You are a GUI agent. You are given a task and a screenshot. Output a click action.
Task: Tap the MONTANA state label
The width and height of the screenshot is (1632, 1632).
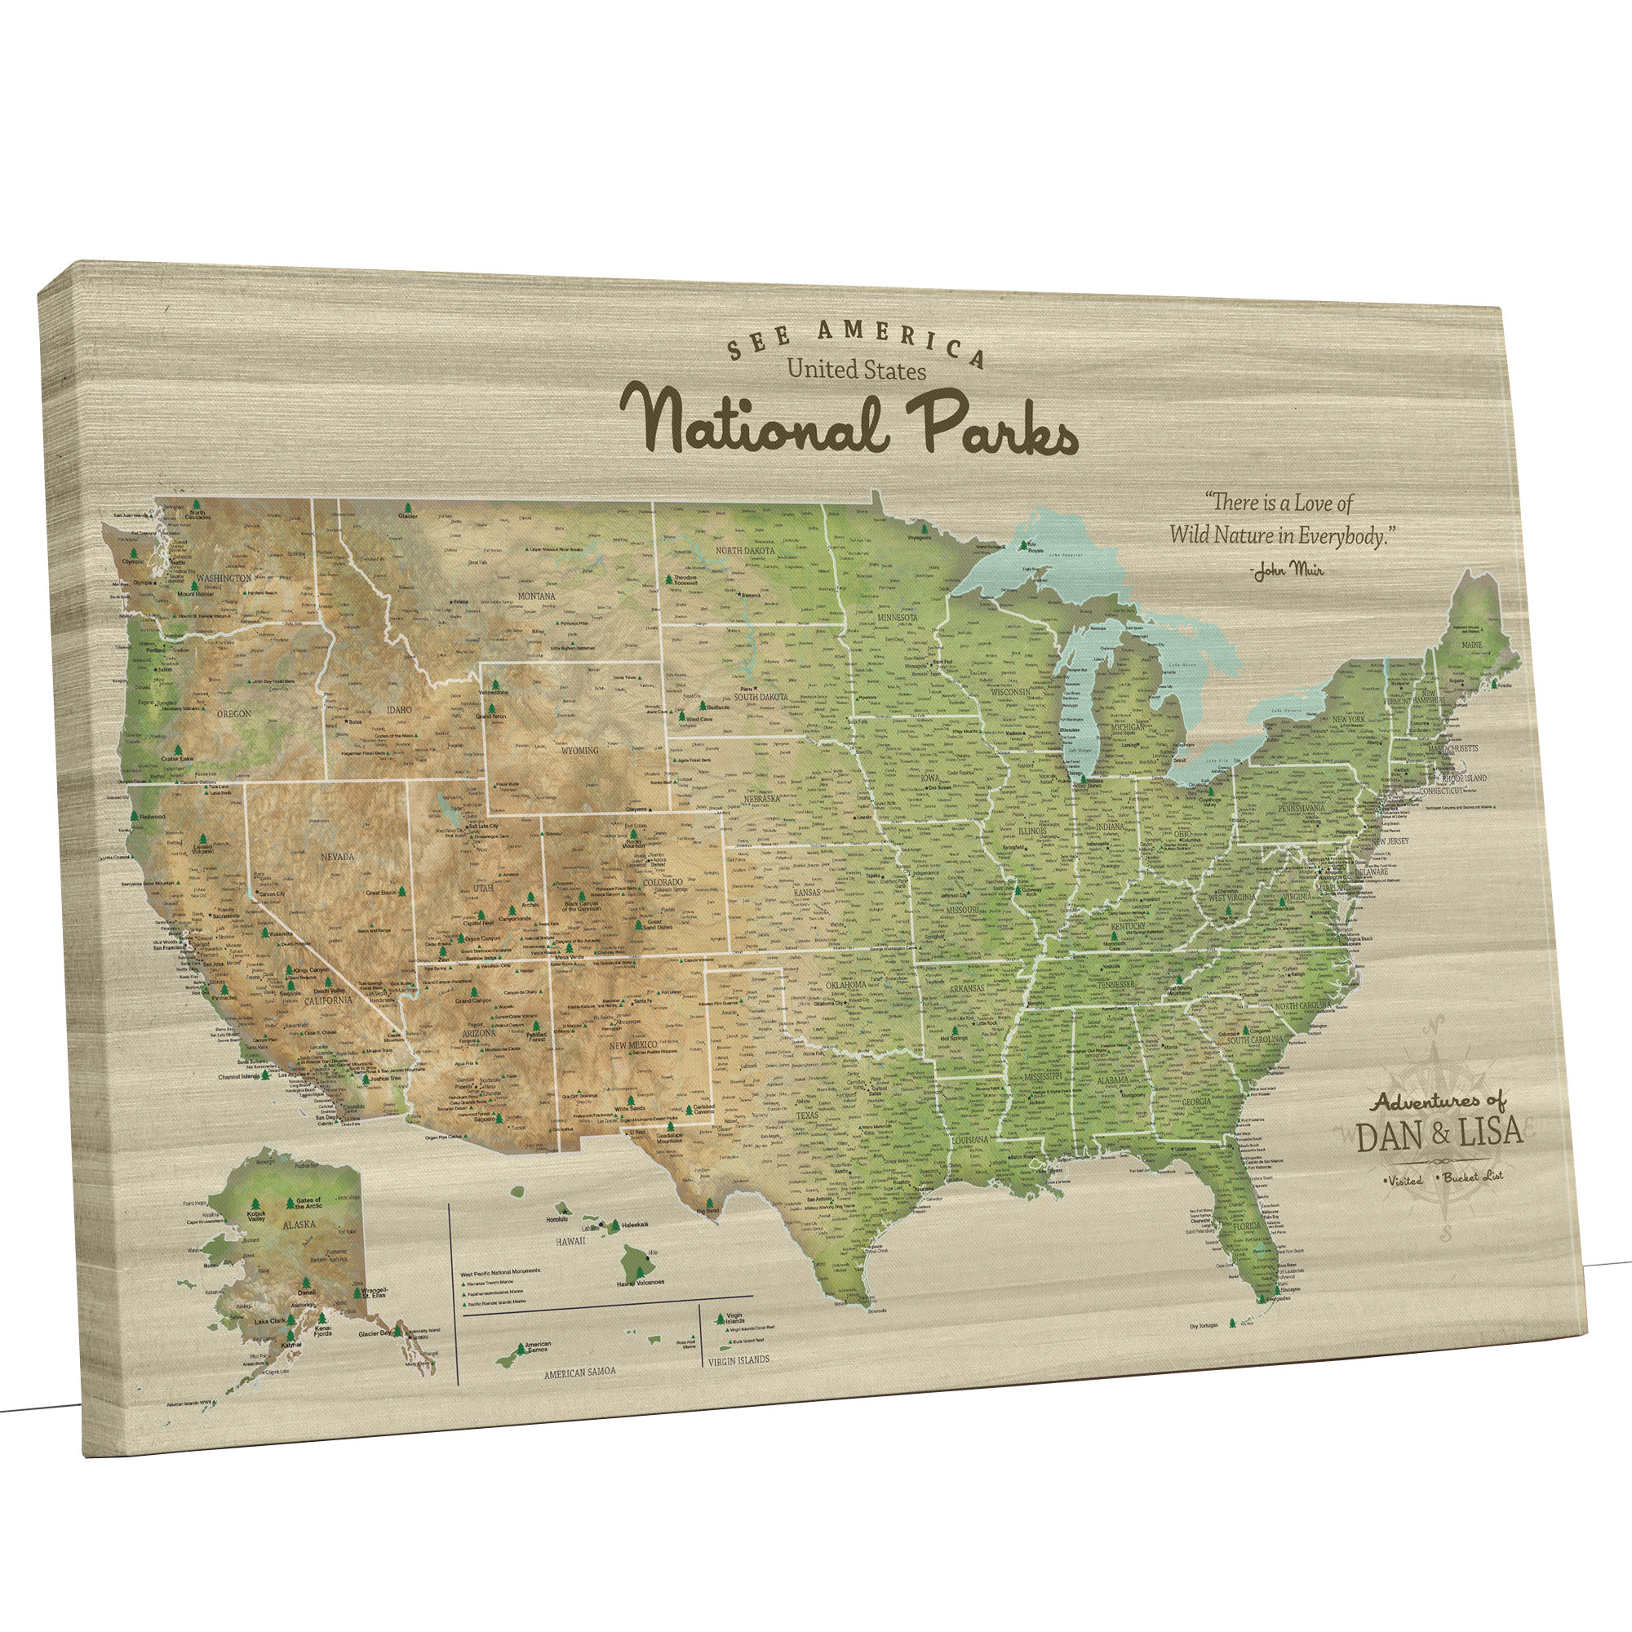tap(536, 596)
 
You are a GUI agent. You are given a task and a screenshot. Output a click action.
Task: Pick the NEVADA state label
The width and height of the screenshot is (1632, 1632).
tap(338, 857)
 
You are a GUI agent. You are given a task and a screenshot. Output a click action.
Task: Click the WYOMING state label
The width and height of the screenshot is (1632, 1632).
tap(579, 750)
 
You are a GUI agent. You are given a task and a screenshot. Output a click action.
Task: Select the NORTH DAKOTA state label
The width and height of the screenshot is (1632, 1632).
tap(745, 551)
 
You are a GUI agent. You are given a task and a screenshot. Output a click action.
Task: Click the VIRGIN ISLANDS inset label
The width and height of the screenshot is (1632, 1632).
tap(739, 1360)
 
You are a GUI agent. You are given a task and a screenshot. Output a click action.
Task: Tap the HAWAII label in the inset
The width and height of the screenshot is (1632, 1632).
tap(570, 1242)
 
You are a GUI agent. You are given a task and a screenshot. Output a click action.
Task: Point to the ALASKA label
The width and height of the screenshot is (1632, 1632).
tap(299, 1224)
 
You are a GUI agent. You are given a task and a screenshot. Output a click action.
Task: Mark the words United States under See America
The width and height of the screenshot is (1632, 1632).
tap(856, 370)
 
